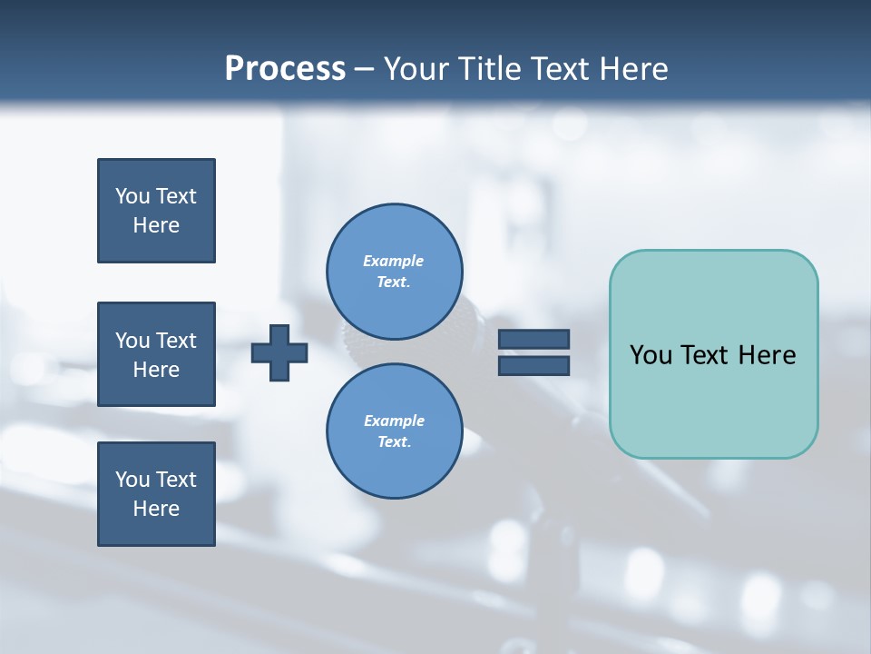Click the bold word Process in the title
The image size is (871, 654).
[x=285, y=69]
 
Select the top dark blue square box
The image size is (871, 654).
[x=156, y=211]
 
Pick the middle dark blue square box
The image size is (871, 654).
[x=156, y=354]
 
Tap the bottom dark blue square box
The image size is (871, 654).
[x=156, y=494]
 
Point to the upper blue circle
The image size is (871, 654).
[x=395, y=271]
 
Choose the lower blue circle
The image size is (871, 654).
[x=395, y=431]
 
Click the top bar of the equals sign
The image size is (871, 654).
[x=533, y=340]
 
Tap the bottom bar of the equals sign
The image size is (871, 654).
[x=533, y=365]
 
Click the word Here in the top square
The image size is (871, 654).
[x=156, y=225]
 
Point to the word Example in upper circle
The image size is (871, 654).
[x=393, y=261]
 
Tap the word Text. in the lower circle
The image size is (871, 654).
[x=394, y=442]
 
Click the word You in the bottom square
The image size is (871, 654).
[x=132, y=480]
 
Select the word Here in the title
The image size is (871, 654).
[x=634, y=69]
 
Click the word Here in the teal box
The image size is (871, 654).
[x=767, y=355]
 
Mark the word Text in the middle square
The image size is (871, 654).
[x=176, y=341]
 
